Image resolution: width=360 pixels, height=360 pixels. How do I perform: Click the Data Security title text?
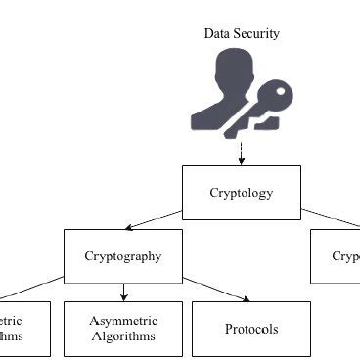click(242, 34)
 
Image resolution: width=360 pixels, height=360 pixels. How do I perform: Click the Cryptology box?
click(241, 192)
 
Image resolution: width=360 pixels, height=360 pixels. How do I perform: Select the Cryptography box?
click(122, 256)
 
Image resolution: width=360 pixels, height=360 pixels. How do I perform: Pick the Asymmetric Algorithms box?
click(122, 329)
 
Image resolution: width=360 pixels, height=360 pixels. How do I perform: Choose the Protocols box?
click(250, 329)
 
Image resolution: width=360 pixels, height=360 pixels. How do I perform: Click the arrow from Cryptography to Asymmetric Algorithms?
click(123, 292)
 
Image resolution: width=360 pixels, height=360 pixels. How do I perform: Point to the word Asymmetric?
click(122, 320)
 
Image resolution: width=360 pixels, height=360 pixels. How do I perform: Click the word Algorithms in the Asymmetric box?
click(122, 337)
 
